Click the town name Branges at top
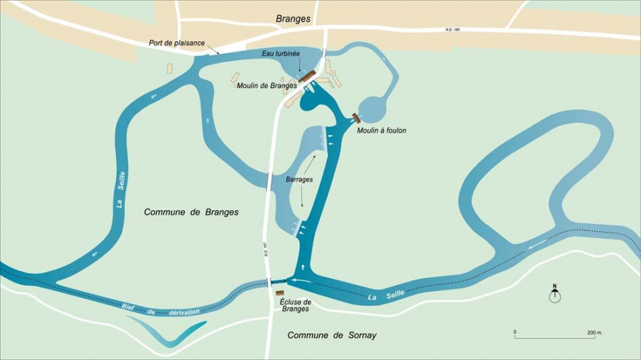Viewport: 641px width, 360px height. tap(293, 19)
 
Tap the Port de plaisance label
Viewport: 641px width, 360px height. tap(176, 43)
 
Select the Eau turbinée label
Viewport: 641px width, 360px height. tap(281, 53)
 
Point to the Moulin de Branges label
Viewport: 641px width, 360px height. tap(267, 86)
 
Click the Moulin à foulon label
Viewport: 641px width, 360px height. tap(381, 130)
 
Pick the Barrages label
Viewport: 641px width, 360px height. tap(299, 179)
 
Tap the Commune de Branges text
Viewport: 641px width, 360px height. tap(191, 212)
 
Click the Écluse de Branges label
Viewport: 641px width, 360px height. tap(296, 306)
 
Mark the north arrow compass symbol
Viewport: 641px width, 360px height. tap(554, 294)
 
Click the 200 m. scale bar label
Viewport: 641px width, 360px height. tap(595, 332)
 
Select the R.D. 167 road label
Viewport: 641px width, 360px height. tap(264, 249)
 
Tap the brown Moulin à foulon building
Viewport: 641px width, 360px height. tap(356, 118)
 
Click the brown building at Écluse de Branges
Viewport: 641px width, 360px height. tap(280, 293)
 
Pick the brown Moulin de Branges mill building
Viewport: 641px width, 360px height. tap(307, 76)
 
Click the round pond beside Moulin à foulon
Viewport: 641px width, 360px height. tap(375, 108)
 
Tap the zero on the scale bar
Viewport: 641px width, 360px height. tap(515, 332)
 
